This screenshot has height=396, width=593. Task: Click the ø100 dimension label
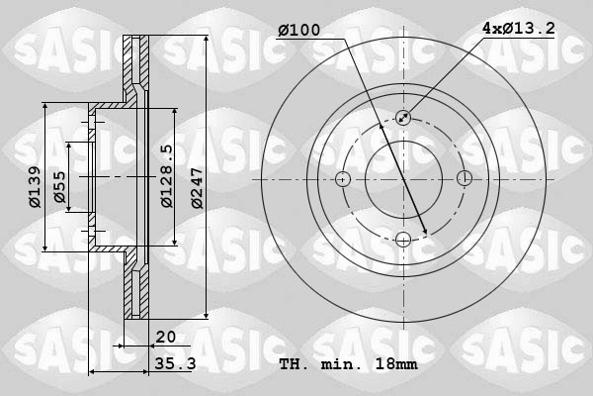299,31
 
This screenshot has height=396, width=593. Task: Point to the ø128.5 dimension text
166,176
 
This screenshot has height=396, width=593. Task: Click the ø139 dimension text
34,187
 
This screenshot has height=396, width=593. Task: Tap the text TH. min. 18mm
349,364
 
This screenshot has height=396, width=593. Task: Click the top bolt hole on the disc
403,118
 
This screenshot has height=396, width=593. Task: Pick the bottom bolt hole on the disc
403,239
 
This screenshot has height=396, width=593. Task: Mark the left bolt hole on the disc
343,179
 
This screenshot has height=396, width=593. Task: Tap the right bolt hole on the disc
464,179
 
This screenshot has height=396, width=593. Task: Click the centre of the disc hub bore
403,179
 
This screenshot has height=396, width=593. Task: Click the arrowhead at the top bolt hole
408,114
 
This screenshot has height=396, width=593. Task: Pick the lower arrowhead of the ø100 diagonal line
424,232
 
